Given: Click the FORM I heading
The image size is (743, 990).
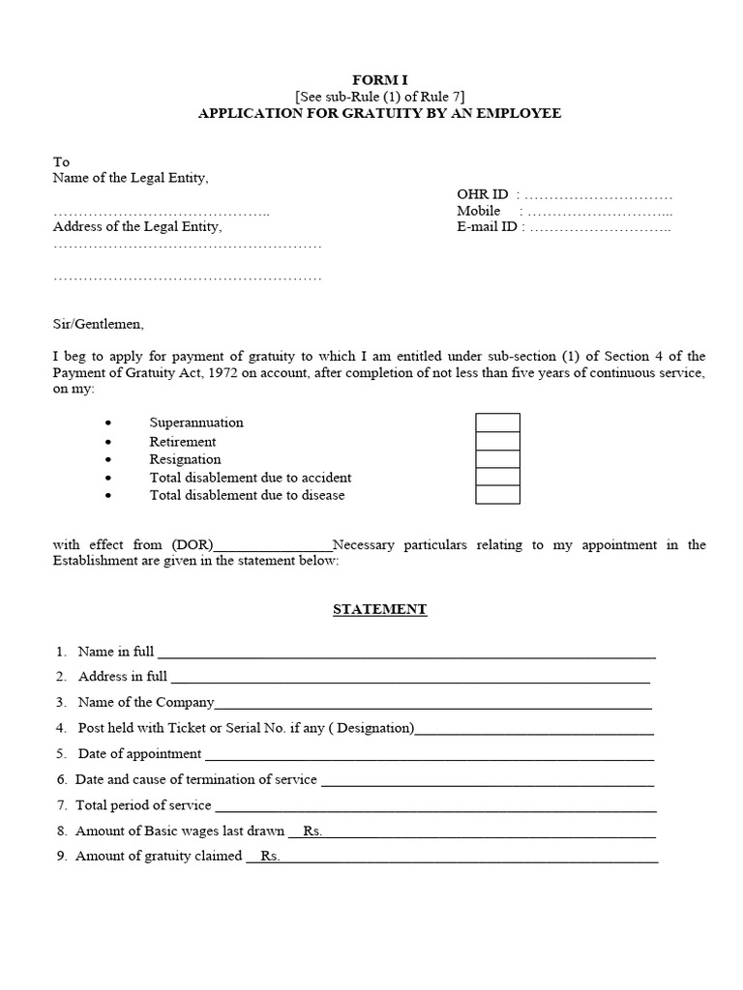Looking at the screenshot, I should click(379, 78).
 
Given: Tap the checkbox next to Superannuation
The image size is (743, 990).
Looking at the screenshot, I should click(497, 423).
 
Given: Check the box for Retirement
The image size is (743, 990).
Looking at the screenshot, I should click(497, 441).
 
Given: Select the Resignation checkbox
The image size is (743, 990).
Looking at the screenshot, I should click(497, 459).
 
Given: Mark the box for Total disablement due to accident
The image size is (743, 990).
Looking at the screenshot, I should click(497, 478).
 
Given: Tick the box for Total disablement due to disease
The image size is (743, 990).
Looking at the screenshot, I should click(497, 495).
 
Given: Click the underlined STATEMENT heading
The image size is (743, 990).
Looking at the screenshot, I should click(379, 609).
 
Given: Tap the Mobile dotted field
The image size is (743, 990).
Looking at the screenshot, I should click(600, 212).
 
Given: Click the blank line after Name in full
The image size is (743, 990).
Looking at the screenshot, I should click(406, 653).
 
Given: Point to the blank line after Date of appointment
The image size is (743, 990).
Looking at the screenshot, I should click(430, 754).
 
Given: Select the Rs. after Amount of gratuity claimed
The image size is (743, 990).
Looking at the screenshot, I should click(270, 857).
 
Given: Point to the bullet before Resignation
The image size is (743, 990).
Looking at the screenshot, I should click(108, 460).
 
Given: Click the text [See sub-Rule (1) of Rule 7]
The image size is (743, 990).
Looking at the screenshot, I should click(379, 96).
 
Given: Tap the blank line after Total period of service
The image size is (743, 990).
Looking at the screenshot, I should click(434, 805).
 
